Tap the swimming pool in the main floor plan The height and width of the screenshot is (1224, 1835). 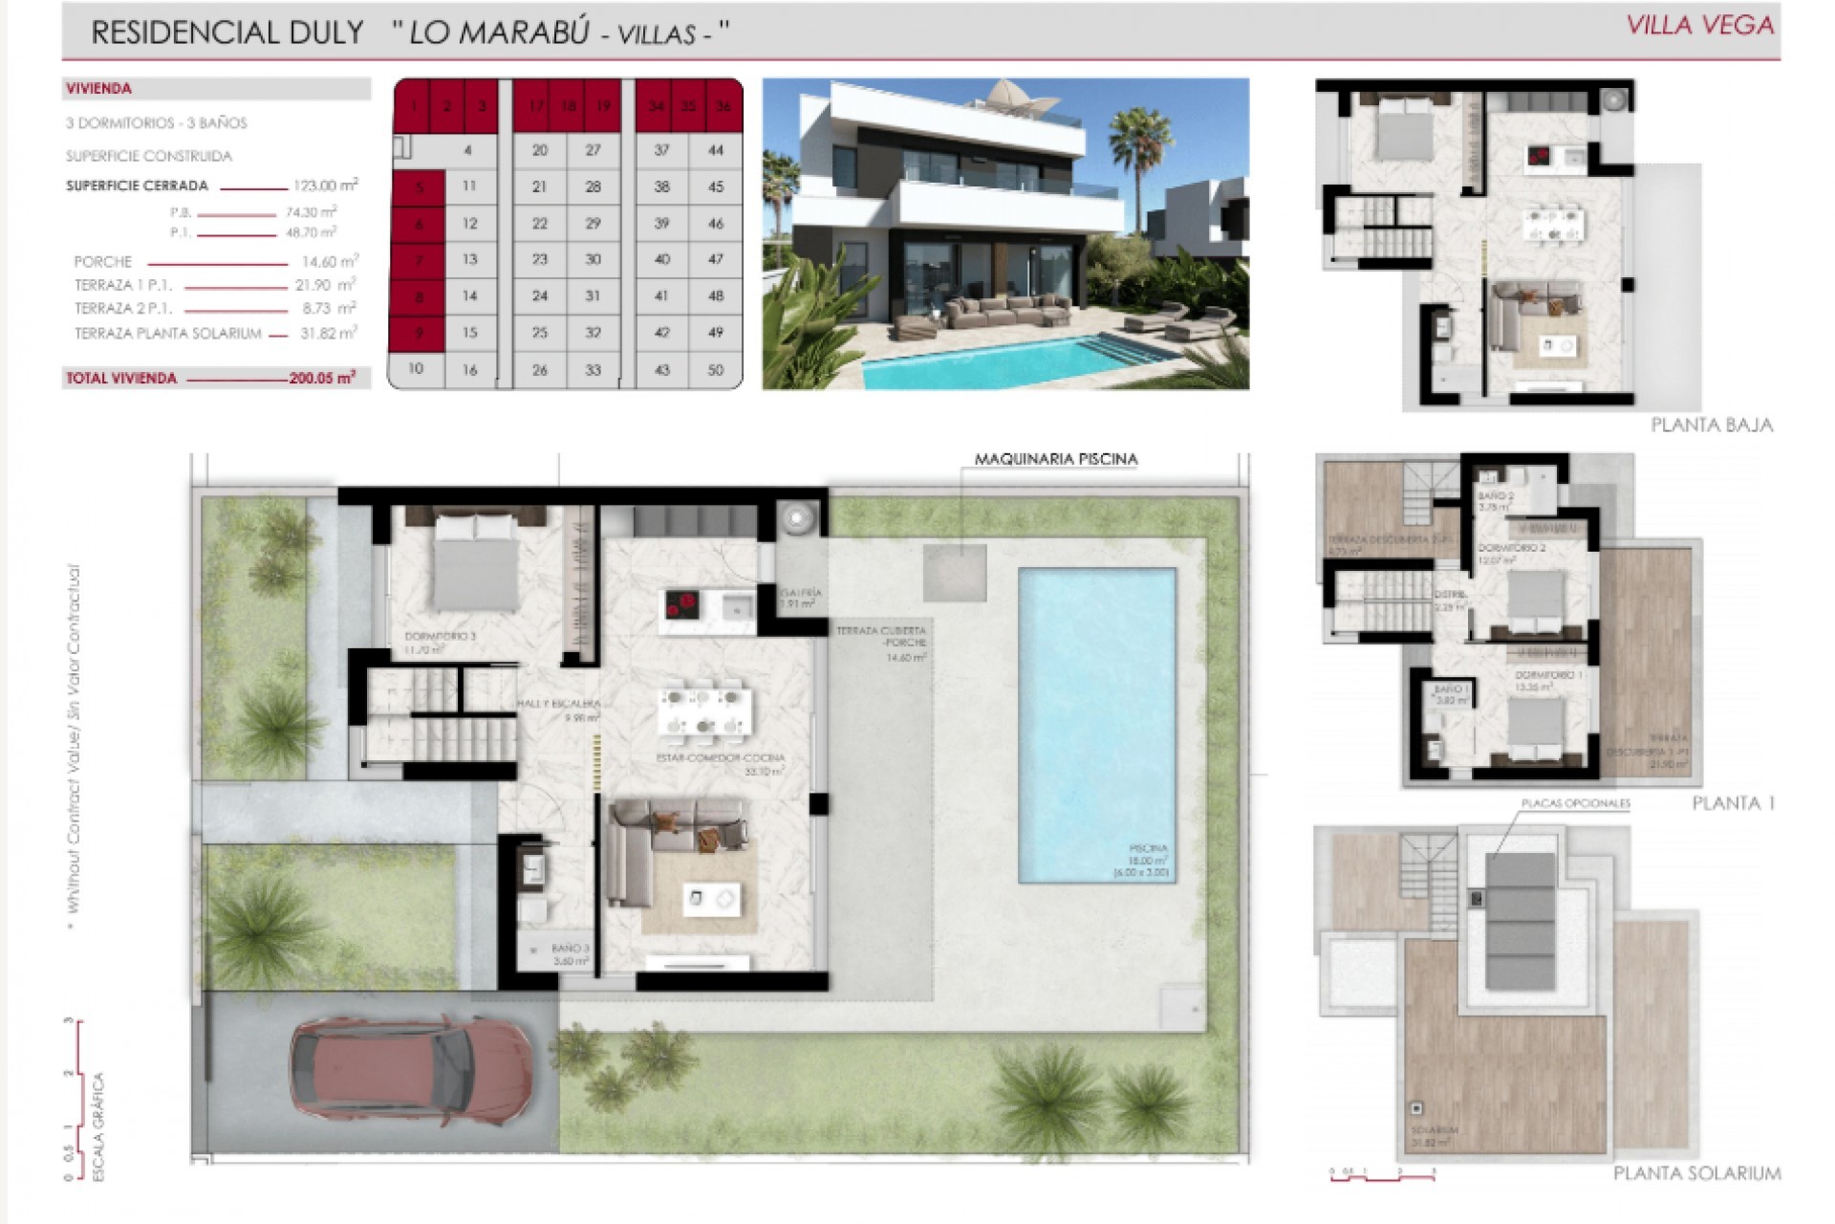coord(1096,724)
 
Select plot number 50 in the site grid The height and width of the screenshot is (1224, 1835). coord(715,370)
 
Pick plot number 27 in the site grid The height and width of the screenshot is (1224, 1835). coord(593,150)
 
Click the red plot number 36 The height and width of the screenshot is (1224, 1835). coord(723,106)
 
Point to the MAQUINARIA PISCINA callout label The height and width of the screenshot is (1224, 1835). coord(1055,459)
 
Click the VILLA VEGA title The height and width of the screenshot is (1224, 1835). coord(1699,26)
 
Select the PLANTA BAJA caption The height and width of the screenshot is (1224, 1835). coord(1711,425)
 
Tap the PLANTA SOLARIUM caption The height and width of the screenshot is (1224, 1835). coord(1696,1173)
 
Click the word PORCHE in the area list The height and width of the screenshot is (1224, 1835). coord(103,262)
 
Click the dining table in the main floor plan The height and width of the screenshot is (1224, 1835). coord(704,710)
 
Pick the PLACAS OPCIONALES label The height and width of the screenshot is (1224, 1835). coord(1575,804)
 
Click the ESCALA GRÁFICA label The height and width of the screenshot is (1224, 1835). coord(97,1127)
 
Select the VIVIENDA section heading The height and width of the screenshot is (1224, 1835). coord(98,89)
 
